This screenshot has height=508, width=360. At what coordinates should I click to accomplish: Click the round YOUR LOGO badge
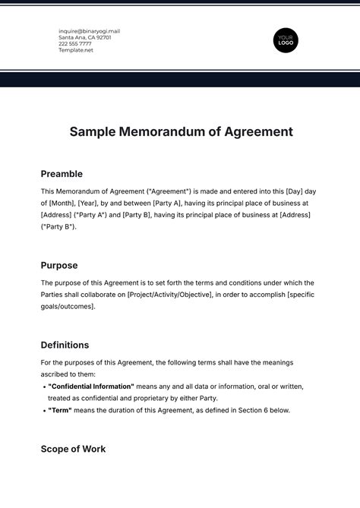coord(286,39)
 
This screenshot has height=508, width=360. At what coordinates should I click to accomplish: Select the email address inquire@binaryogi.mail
coord(89,31)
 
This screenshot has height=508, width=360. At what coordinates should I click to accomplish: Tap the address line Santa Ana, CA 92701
coord(84,37)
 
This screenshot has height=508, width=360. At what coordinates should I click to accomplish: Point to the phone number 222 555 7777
coord(75,43)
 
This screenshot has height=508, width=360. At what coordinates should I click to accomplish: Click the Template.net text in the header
coord(76,49)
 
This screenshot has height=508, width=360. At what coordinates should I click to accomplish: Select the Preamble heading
coord(62,174)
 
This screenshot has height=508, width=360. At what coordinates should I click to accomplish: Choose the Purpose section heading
coord(60,266)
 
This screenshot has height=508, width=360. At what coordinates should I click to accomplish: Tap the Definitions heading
coord(65,345)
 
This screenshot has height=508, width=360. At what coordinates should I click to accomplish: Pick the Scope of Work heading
coord(73,449)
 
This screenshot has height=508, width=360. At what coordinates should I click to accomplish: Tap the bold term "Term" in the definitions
coord(60,410)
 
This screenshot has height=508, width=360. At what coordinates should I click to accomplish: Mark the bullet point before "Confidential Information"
coord(43,386)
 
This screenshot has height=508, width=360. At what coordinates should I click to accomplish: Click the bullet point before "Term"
coord(43,410)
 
